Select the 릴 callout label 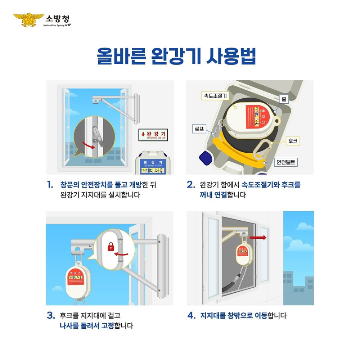[284, 99]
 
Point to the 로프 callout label [199, 128]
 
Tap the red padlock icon [111, 247]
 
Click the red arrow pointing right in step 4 [257, 238]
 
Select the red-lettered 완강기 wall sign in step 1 [153, 135]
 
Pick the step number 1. [50, 185]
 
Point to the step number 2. [191, 185]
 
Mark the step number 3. [51, 316]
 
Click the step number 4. [191, 316]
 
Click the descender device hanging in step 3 [77, 281]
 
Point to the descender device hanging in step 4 [243, 254]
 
